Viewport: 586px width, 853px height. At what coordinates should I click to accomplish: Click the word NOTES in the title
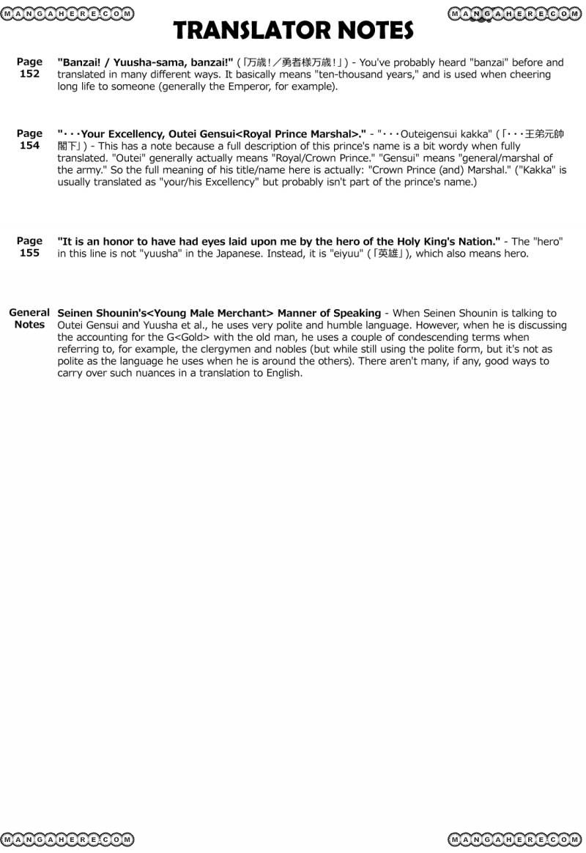pos(372,31)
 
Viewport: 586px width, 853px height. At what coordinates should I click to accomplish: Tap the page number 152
pos(29,74)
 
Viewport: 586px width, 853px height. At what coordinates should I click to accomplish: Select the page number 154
pos(29,146)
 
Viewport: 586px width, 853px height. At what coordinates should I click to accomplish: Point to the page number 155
pos(29,254)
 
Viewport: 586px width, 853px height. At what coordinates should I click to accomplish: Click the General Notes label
pos(29,319)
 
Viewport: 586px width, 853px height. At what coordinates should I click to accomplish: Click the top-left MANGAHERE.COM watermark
pos(67,13)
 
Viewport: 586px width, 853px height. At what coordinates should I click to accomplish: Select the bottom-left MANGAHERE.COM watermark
pos(67,840)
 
